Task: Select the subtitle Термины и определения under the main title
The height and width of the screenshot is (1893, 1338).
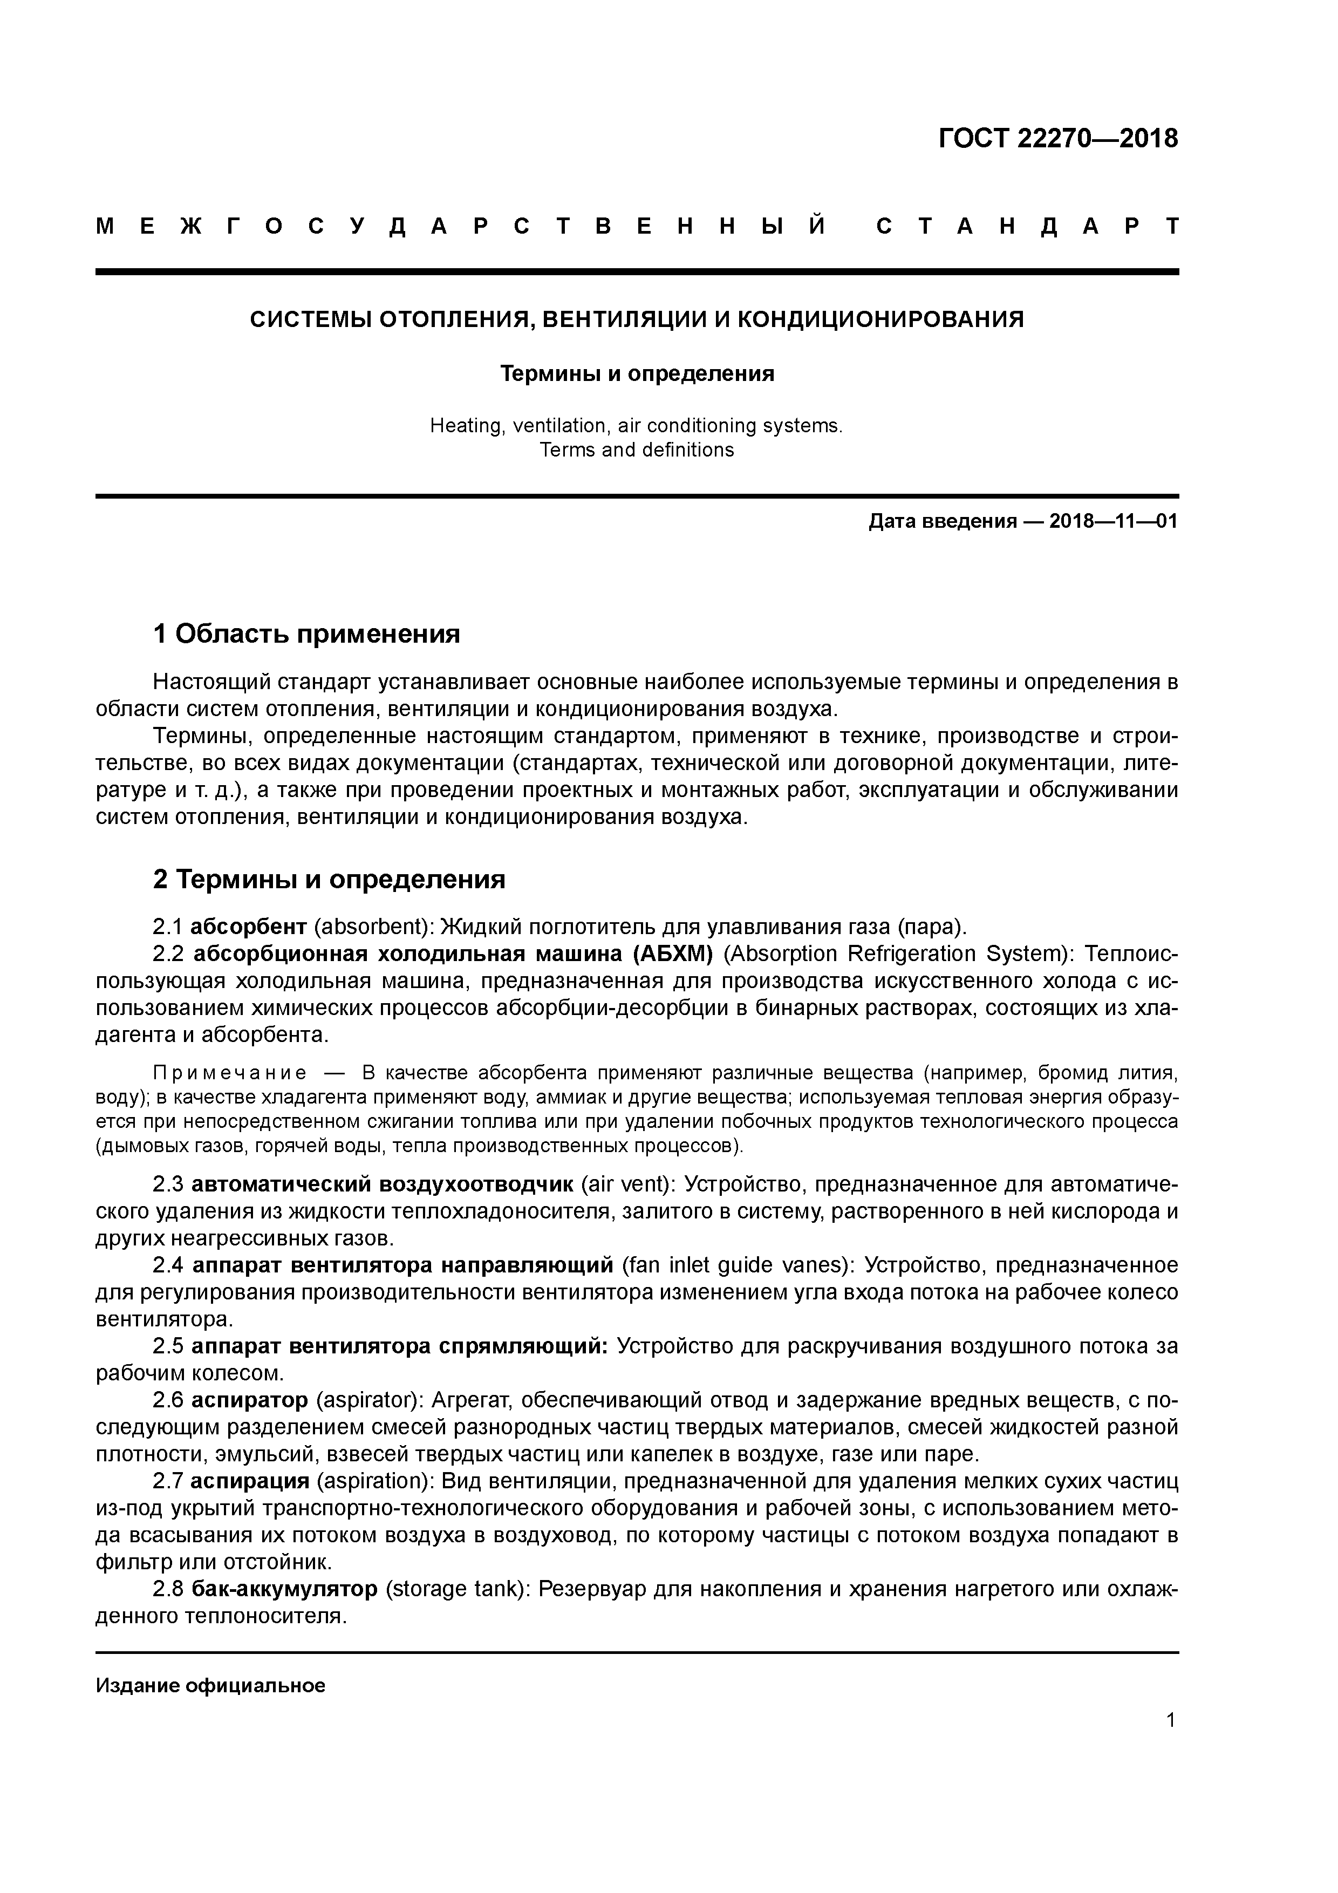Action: (637, 374)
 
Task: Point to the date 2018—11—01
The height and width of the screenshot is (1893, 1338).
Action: (1113, 522)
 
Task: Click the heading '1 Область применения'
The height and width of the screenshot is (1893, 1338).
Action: (306, 634)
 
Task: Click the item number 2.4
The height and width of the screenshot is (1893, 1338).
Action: (169, 1265)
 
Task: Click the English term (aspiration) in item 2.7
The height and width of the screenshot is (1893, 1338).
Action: (374, 1482)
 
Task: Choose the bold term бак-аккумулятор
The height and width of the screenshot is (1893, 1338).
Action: (284, 1589)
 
